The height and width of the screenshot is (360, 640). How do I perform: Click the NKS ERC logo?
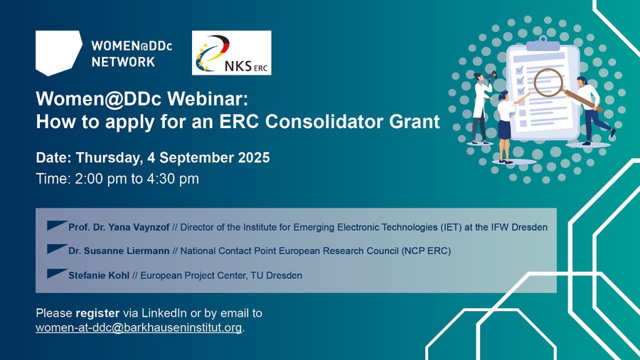click(231, 53)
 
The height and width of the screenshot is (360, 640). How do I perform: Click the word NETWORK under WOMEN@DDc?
click(123, 62)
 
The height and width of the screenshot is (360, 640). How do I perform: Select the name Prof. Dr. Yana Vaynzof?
click(119, 228)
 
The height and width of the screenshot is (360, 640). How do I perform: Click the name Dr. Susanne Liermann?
click(119, 251)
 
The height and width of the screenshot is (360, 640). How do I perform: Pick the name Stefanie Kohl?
click(99, 275)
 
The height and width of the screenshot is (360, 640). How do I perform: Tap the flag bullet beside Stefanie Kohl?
click(57, 273)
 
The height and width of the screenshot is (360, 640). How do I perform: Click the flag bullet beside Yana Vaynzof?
click(57, 225)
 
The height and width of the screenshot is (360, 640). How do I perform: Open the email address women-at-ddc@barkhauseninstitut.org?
click(139, 328)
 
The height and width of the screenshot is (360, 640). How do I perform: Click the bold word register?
click(97, 314)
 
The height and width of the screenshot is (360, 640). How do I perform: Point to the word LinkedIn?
click(164, 313)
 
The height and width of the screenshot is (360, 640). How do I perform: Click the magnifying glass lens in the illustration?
click(548, 83)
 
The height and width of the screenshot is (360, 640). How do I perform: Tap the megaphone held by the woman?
click(491, 75)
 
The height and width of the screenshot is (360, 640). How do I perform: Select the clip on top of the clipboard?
click(543, 43)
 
